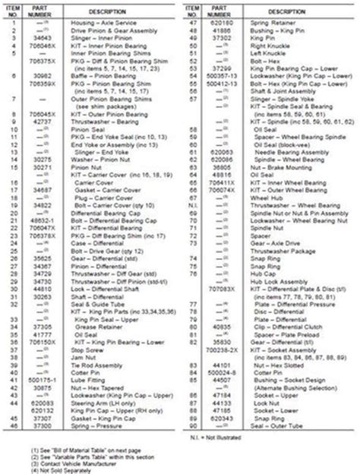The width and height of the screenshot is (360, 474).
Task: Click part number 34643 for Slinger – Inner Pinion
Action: [43, 35]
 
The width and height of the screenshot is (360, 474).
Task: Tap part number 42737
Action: [43, 120]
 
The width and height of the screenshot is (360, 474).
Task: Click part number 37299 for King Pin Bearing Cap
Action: [217, 69]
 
